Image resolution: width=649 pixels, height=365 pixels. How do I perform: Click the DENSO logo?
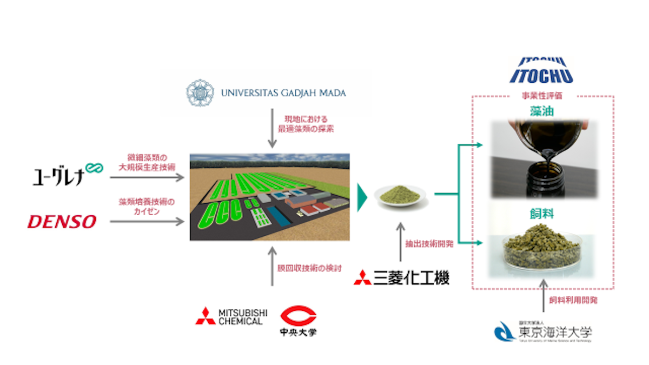tap(62, 221)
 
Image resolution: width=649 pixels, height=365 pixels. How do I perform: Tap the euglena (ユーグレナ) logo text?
tap(57, 176)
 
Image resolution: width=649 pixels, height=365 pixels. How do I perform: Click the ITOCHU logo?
tap(541, 71)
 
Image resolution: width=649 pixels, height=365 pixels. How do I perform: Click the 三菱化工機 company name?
tap(402, 278)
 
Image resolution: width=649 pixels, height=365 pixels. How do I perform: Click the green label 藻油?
tap(543, 112)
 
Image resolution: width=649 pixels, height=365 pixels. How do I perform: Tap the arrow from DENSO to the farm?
tap(147, 221)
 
